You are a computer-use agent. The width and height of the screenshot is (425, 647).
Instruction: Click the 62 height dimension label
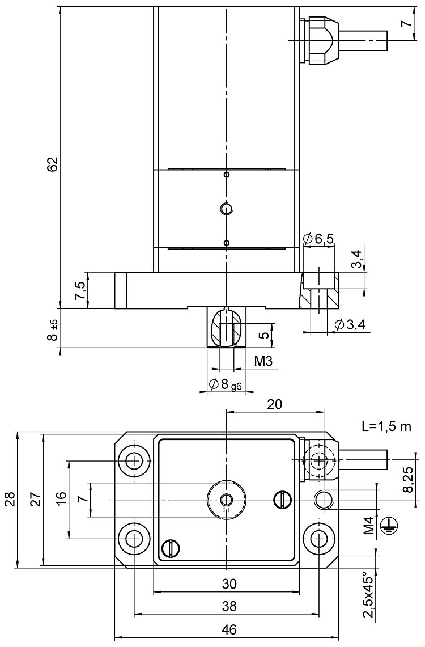[52, 164]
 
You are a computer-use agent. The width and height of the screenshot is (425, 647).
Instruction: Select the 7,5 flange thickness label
[80, 290]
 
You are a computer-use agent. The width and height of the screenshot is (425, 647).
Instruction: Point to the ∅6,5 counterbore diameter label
[318, 239]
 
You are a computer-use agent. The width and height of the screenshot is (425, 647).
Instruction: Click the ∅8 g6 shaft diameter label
[226, 385]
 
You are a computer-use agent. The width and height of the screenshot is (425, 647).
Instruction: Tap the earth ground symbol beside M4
[388, 526]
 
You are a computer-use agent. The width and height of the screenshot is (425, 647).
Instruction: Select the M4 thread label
[368, 526]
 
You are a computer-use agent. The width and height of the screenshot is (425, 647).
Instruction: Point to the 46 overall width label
[229, 630]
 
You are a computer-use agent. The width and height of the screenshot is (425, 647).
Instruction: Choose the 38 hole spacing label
[229, 606]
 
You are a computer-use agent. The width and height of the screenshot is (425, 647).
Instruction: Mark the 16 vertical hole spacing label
[62, 498]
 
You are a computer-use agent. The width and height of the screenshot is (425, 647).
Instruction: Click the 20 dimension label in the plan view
[275, 404]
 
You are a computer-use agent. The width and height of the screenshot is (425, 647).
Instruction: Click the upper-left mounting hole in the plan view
[134, 460]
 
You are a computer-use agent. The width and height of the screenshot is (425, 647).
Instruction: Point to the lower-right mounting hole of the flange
[319, 538]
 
